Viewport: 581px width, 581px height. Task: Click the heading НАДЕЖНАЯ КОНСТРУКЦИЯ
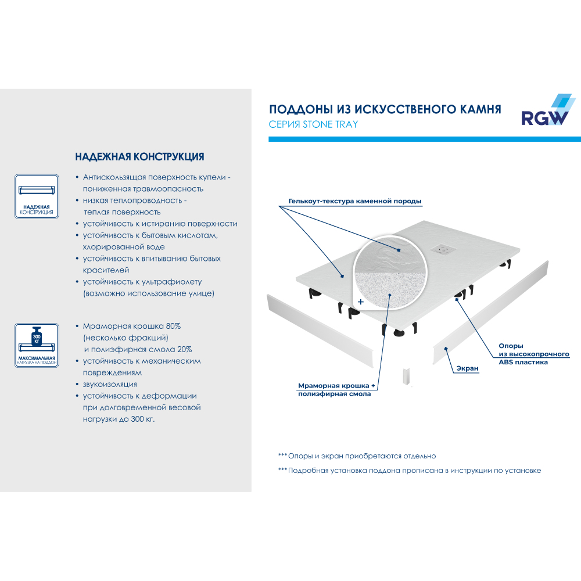click(139, 157)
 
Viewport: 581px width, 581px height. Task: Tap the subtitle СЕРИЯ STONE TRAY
click(313, 124)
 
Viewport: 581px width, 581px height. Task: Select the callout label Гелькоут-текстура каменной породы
click(354, 201)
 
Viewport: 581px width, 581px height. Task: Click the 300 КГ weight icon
click(36, 336)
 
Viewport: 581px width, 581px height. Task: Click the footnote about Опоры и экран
click(357, 456)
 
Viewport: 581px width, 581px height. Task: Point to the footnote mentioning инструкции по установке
click(410, 470)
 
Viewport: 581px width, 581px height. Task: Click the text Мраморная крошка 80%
click(132, 326)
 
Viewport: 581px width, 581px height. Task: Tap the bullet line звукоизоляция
click(110, 384)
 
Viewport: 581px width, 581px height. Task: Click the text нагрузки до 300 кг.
click(119, 419)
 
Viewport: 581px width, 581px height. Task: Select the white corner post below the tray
click(407, 378)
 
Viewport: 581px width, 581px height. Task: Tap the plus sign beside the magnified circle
click(361, 302)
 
